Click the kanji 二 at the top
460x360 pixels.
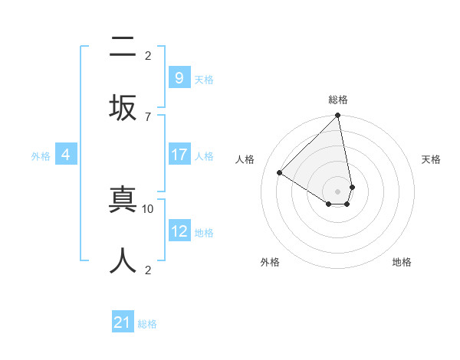123,47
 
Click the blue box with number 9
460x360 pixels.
179,78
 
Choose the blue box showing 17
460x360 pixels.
179,155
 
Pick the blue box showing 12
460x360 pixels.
179,231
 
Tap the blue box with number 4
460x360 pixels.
66,155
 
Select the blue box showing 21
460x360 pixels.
123,322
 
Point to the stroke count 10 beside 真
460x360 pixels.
149,208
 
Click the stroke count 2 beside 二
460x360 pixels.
148,55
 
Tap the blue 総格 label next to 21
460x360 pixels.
147,324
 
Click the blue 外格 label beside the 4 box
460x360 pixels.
41,155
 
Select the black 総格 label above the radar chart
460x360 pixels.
338,100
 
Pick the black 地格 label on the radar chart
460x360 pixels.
402,262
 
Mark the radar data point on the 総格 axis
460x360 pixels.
338,116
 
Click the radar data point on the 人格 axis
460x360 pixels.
280,172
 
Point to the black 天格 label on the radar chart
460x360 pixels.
431,159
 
